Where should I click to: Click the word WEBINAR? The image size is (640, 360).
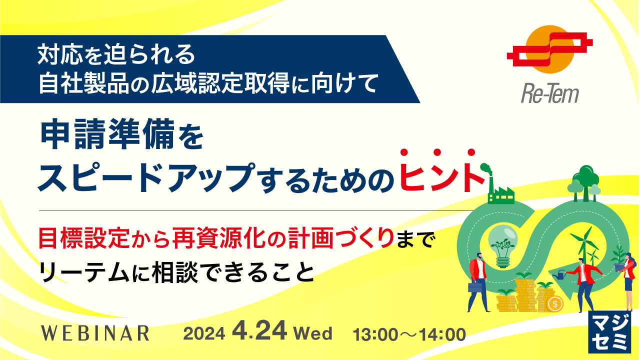pyautogui.click(x=95, y=333)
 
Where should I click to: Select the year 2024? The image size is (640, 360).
pyautogui.click(x=204, y=333)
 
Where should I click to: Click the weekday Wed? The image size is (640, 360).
pyautogui.click(x=313, y=333)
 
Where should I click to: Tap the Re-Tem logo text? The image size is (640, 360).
pyautogui.click(x=550, y=94)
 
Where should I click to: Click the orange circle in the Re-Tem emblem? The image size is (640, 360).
pyautogui.click(x=549, y=49)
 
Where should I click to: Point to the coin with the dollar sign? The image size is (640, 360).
pyautogui.click(x=555, y=303)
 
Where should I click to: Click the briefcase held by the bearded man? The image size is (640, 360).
pyautogui.click(x=475, y=287)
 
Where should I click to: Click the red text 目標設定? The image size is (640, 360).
pyautogui.click(x=84, y=237)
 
